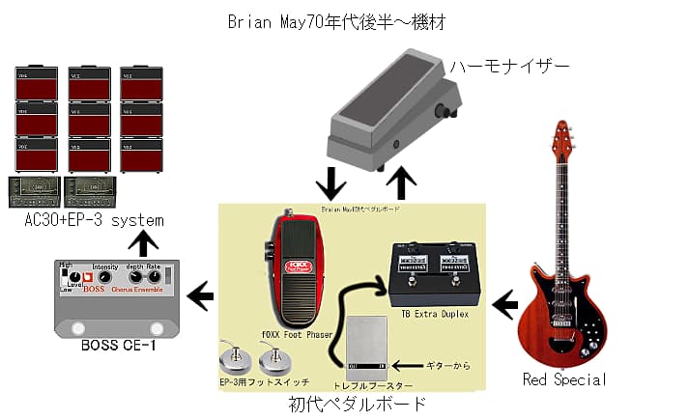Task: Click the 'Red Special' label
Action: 564,379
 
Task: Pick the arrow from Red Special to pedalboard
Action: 504,306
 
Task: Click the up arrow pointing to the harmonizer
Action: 400,181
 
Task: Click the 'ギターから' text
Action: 449,366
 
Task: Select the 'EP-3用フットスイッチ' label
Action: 259,382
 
